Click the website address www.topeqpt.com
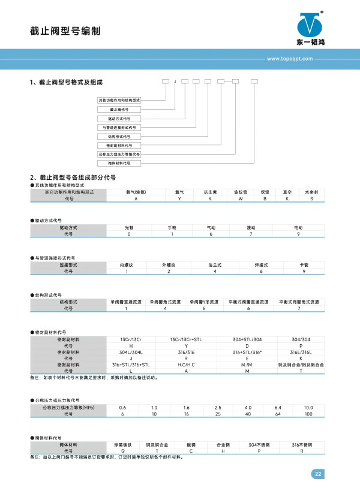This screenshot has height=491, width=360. tap(290, 59)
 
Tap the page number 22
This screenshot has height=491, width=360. tap(318, 474)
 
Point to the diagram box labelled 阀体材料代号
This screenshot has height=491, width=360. tap(119, 162)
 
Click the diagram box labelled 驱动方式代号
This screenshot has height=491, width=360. tap(119, 119)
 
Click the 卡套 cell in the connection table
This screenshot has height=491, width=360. tap(304, 264)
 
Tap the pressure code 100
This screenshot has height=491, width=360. tap(308, 414)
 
